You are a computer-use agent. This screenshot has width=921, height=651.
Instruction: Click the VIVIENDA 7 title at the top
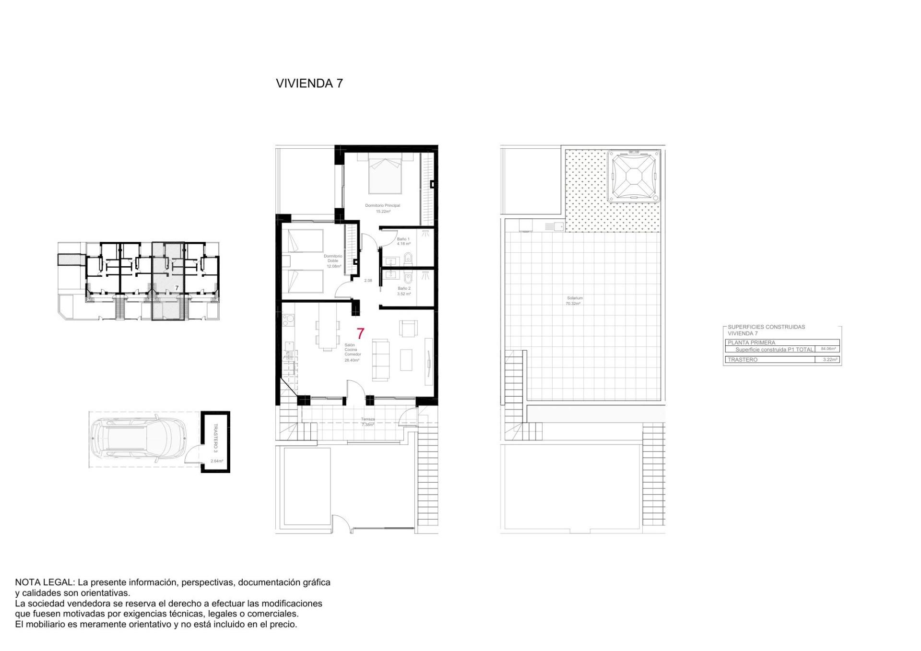pos(309,83)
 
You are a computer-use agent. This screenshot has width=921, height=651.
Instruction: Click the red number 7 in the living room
pos(360,333)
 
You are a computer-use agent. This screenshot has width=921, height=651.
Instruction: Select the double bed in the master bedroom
pos(385,175)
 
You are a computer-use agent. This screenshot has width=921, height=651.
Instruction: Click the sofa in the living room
pos(381,360)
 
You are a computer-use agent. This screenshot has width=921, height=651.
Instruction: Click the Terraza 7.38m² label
pos(368,422)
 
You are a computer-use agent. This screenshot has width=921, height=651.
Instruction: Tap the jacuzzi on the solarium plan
pos(633,176)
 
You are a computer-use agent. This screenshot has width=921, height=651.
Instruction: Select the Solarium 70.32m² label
pos(574,301)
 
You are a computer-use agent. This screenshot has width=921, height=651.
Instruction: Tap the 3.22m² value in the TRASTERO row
pos(830,359)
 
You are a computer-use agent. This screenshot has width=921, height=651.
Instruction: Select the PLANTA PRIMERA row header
pos(751,343)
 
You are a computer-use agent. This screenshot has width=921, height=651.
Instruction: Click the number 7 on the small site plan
pos(177,288)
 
